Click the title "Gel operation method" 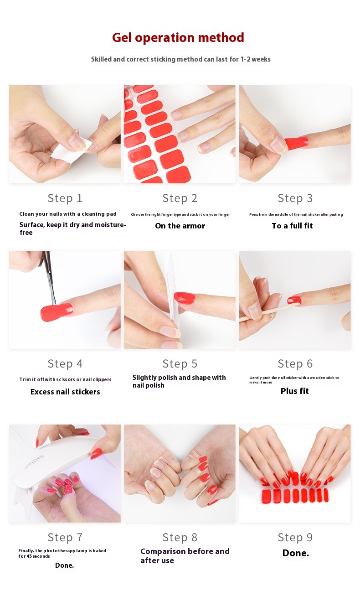pos(178,37)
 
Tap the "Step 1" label pos(65,198)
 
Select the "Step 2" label pos(180,198)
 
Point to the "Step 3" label pos(295,198)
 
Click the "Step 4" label pos(65,364)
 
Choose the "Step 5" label pos(180,364)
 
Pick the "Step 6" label pos(295,364)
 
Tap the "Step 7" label pos(65,538)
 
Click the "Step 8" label pos(180,538)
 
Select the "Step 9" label pos(295,538)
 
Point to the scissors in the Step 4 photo pos(48,276)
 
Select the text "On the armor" pos(180,226)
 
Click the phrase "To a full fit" pos(292,226)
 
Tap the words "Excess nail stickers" pos(65,392)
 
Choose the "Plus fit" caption pos(294,391)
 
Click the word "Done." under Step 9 pos(296,553)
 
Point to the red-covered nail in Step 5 pos(185,298)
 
